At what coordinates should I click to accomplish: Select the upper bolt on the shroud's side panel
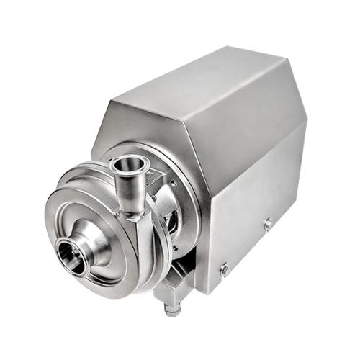click(268, 224)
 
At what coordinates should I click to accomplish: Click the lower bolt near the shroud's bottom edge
click(225, 269)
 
